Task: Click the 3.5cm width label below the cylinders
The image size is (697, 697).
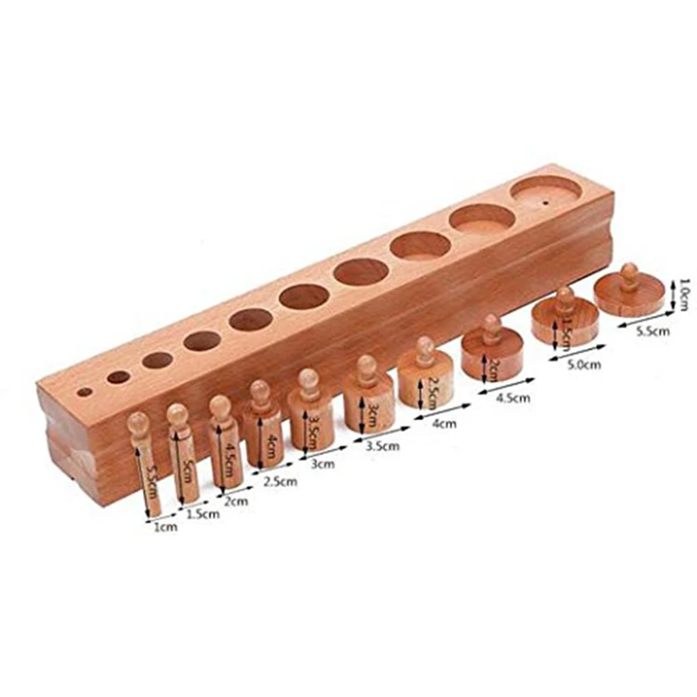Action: point(383,446)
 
